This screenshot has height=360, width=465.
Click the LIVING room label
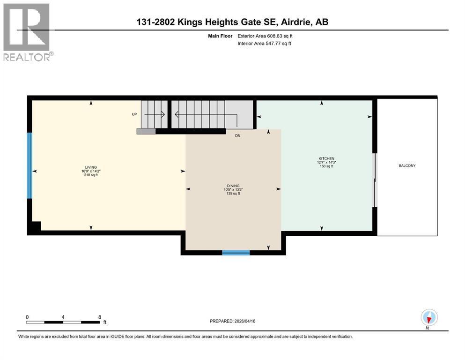click(x=90, y=167)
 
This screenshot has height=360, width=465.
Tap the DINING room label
click(x=233, y=186)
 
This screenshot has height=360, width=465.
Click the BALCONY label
click(x=407, y=166)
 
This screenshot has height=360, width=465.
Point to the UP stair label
click(x=134, y=114)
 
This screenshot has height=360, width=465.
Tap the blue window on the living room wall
click(x=30, y=165)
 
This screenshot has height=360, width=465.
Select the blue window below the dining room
click(x=236, y=253)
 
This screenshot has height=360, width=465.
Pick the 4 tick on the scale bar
click(x=63, y=317)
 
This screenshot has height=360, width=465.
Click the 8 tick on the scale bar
click(x=100, y=317)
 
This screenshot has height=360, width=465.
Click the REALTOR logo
click(x=27, y=32)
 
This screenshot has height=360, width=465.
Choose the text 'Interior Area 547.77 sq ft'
click(x=264, y=44)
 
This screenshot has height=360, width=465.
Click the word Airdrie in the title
click(x=298, y=22)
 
